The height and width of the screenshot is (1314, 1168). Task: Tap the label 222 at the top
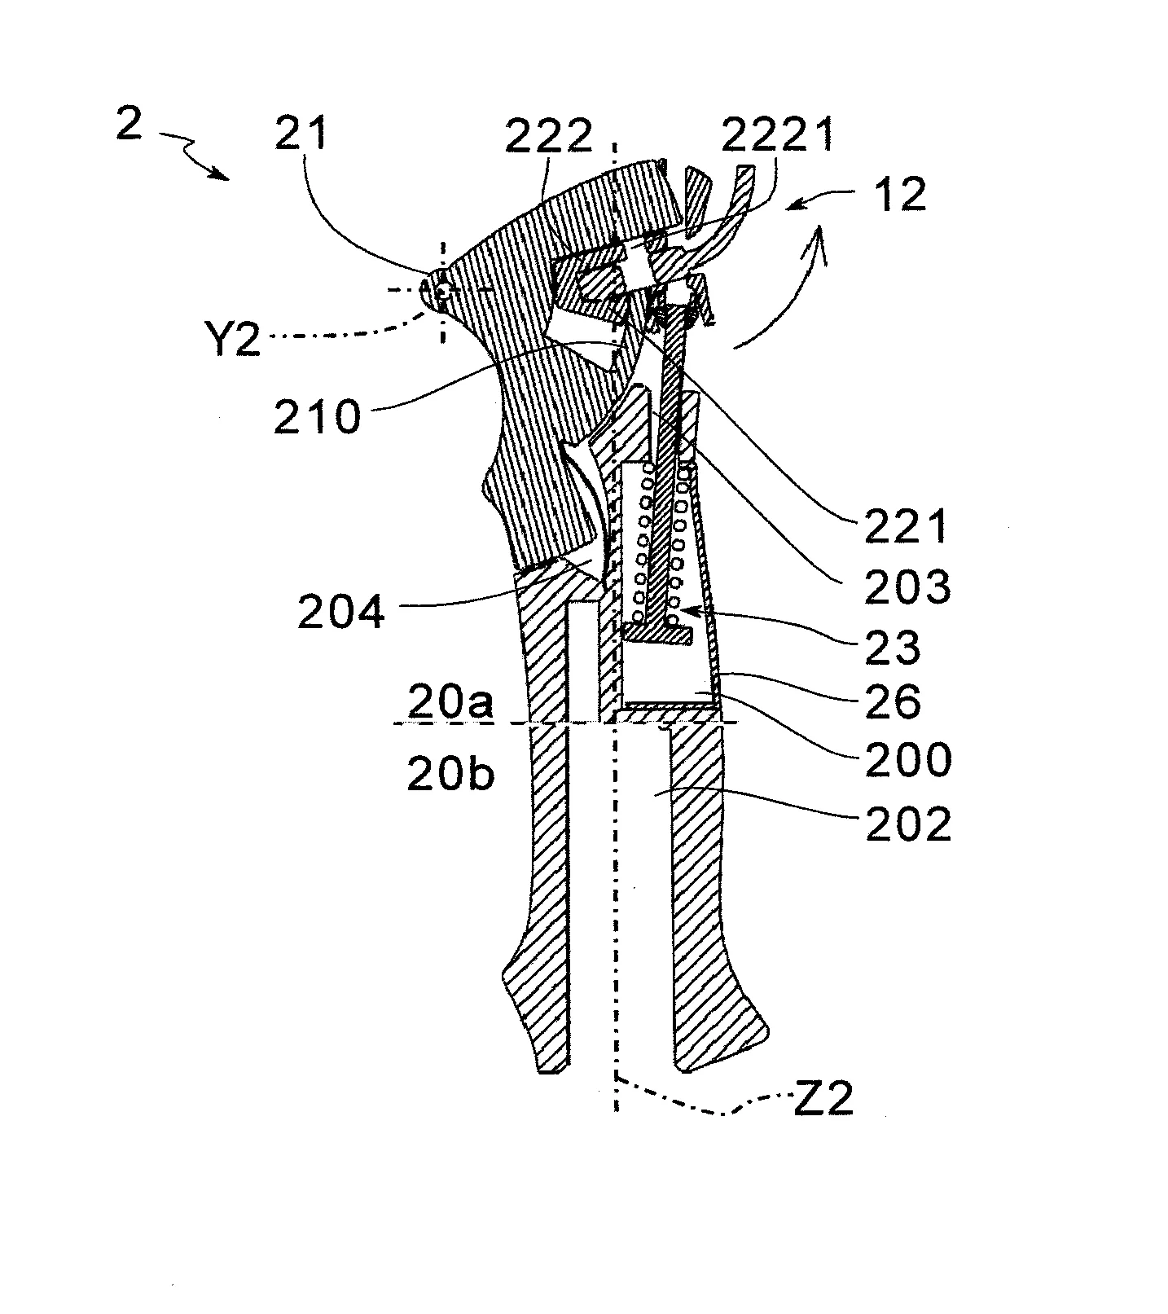point(549,136)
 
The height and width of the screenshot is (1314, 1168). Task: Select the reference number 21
point(301,134)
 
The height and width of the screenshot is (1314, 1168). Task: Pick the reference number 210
point(317,416)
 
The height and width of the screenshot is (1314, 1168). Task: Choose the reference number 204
point(340,611)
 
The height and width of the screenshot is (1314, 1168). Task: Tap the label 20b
point(450,775)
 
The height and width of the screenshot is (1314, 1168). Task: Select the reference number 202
point(907,824)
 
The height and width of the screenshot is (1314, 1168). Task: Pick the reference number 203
point(907,587)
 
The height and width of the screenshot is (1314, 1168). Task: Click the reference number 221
point(906,528)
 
